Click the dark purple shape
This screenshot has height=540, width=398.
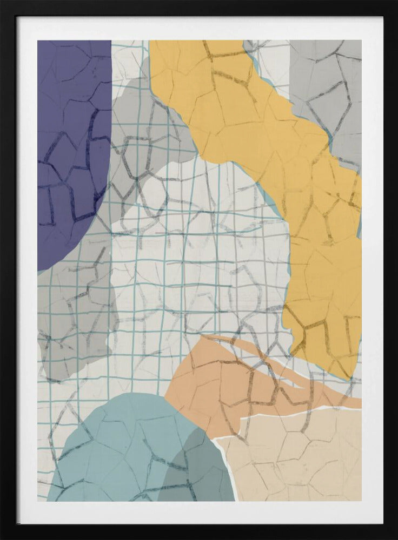click(x=70, y=135)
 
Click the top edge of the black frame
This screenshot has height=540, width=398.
click(x=199, y=8)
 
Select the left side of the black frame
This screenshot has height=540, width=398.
click(x=8, y=270)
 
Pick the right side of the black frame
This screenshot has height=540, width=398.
click(x=390, y=270)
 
